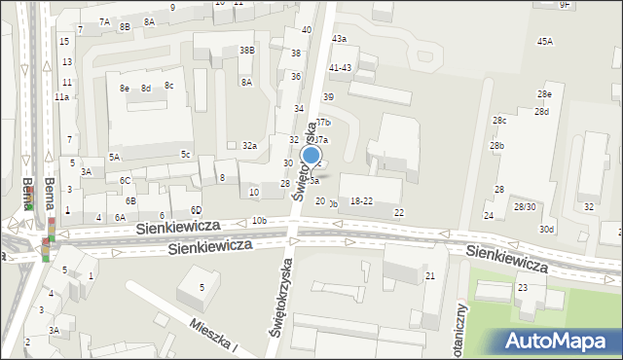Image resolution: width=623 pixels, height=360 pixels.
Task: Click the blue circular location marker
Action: pyautogui.click(x=311, y=155)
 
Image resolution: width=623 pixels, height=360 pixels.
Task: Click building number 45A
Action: pyautogui.click(x=545, y=41)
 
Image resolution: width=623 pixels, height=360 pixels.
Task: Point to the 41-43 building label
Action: pyautogui.click(x=340, y=67)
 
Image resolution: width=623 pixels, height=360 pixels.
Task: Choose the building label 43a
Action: pyautogui.click(x=339, y=38)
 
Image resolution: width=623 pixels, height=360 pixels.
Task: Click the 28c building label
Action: pyautogui.click(x=499, y=120)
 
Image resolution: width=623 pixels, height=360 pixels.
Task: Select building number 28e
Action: pyautogui.click(x=544, y=93)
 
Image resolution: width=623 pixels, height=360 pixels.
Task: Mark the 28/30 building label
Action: pyautogui.click(x=525, y=206)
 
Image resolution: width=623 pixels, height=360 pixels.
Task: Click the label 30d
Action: pyautogui.click(x=548, y=229)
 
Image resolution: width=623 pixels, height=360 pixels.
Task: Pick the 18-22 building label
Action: pyautogui.click(x=361, y=200)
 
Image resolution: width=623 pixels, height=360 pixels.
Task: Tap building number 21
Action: pyautogui.click(x=429, y=276)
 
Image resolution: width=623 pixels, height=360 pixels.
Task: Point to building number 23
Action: pyautogui.click(x=522, y=287)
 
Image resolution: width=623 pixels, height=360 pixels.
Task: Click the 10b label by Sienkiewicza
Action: pyautogui.click(x=259, y=221)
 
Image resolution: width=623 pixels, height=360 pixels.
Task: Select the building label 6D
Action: pyautogui.click(x=196, y=210)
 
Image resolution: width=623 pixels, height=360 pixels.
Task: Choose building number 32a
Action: pyautogui.click(x=250, y=145)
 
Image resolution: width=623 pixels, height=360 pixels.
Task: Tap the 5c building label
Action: pyautogui.click(x=185, y=154)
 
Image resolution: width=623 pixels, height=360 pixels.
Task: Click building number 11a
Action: pyautogui.click(x=61, y=97)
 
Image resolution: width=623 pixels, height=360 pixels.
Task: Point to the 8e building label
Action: pyautogui.click(x=125, y=88)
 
